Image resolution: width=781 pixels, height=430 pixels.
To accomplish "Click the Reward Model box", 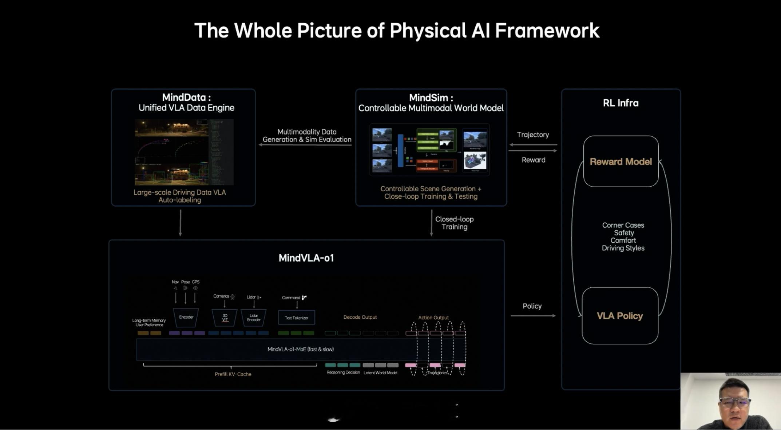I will (621, 162).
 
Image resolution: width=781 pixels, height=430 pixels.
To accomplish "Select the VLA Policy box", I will (620, 316).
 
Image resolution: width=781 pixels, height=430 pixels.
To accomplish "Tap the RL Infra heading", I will (621, 103).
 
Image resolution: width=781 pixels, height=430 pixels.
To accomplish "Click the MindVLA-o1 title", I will (306, 258).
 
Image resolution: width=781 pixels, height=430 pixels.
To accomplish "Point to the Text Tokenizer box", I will (296, 318).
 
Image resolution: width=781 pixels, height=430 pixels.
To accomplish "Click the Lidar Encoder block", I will (254, 318).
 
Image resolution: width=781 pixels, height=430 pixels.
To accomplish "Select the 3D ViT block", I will (225, 318).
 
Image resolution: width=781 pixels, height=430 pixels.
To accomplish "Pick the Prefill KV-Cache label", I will (233, 374).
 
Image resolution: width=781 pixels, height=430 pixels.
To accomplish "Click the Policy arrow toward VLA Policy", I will (533, 316).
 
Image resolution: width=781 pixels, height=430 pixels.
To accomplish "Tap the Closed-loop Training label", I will (454, 223).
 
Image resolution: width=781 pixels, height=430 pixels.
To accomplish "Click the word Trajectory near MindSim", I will (533, 135).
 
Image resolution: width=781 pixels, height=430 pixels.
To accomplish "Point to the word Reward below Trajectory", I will (533, 160).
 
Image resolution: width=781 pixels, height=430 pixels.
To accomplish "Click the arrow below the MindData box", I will (180, 222).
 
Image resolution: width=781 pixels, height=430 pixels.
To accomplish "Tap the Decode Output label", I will (360, 317).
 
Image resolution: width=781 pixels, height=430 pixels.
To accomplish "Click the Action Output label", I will (433, 318).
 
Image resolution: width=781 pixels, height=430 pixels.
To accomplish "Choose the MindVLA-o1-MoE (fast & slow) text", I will (301, 349).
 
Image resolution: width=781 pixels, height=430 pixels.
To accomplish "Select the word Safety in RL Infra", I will (623, 233).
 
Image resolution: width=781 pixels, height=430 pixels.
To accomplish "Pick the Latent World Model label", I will (380, 373).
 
